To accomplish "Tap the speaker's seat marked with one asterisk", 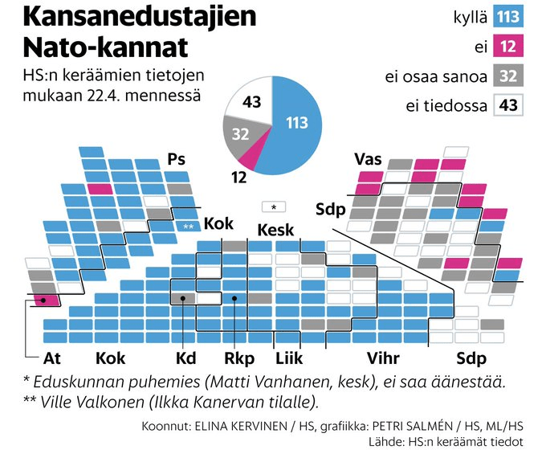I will tap(274, 206).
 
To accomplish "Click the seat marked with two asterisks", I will tap(189, 227).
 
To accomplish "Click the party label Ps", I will tap(176, 159).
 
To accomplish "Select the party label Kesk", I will tap(275, 231).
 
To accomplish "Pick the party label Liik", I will tap(288, 358).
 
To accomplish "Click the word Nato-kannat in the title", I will tap(105, 47).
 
